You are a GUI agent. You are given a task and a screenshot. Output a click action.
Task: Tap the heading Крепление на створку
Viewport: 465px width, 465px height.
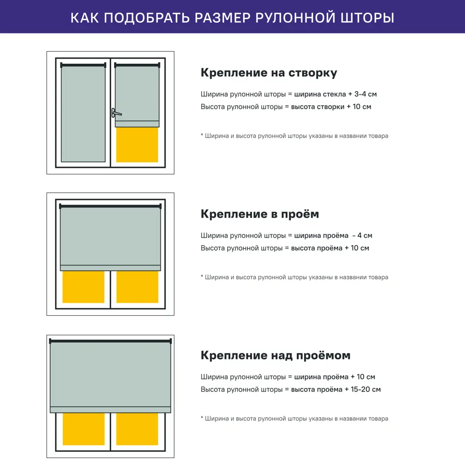(269, 73)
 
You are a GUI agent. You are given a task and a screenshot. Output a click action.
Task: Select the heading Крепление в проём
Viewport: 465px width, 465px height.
(259, 214)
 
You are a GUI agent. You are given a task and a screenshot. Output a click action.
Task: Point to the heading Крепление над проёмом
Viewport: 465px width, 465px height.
(275, 356)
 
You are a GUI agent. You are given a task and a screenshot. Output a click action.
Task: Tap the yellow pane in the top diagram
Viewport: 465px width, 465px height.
(137, 145)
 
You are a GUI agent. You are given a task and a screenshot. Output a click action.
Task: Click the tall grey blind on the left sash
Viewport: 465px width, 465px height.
(83, 114)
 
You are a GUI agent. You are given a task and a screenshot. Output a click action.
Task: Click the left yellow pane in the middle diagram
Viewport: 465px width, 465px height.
(83, 287)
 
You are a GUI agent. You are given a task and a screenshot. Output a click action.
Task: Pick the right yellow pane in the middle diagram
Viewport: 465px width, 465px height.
(137, 287)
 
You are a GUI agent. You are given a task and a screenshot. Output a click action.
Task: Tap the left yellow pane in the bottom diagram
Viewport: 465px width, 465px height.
(83, 429)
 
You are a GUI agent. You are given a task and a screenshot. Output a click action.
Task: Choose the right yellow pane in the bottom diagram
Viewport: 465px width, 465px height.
(137, 429)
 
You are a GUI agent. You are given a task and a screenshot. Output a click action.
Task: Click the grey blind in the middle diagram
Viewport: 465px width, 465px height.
(110, 236)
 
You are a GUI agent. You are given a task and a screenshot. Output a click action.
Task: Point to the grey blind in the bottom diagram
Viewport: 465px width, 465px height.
(110, 374)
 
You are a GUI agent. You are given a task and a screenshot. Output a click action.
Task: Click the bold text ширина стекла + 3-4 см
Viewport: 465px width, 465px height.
(335, 94)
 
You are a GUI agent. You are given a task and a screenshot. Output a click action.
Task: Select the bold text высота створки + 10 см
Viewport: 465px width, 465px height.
(331, 107)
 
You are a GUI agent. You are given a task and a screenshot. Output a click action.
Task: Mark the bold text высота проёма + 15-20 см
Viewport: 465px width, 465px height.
(336, 390)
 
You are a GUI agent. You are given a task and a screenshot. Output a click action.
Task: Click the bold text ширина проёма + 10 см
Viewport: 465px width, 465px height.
(334, 377)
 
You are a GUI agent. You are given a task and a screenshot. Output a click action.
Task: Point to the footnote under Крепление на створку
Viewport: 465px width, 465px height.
(294, 136)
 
